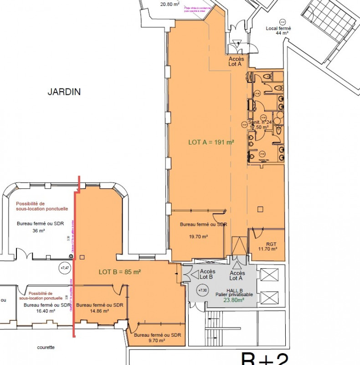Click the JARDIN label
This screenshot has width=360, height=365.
pos(64,92)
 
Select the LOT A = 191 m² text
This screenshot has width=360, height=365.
pos(211,142)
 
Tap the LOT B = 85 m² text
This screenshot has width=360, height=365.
pos(120,272)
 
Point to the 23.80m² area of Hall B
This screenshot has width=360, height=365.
pos(233,300)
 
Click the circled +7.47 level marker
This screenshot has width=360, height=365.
pos(65,268)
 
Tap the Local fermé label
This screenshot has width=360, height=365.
pos(278,28)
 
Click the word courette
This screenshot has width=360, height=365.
pos(46,347)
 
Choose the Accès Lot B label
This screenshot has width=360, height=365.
pos(207,274)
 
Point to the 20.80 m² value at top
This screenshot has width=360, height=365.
pos(170,5)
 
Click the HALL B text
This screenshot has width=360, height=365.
pos(234,290)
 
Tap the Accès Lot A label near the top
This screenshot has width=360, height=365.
pos(236,62)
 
